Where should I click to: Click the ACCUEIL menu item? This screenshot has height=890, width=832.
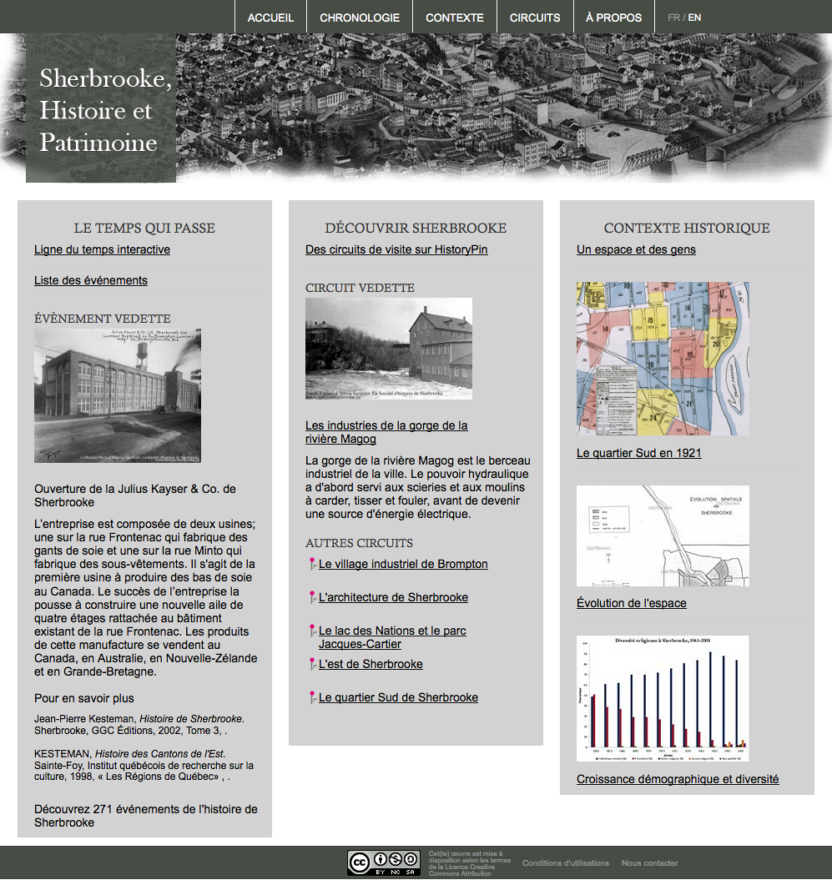270,18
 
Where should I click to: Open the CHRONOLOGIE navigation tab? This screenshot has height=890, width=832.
360,18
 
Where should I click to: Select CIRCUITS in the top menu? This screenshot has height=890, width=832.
535,18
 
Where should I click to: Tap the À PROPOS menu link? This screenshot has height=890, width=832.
614,18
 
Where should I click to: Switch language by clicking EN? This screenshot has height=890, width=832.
694,18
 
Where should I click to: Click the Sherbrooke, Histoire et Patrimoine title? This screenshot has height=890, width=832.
105,110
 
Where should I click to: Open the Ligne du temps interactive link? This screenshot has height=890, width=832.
102,249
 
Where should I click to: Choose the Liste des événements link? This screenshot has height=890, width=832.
91,280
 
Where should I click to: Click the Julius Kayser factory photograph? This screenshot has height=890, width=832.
118,395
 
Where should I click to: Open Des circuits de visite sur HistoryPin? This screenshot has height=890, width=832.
396,249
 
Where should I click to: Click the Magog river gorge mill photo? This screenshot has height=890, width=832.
389,349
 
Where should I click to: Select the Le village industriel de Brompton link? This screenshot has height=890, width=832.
403,564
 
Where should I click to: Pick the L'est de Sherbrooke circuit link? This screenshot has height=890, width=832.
371,664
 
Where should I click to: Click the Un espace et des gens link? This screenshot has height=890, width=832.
636,249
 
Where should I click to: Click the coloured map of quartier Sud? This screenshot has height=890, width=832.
663,359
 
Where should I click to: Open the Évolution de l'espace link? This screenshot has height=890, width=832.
632,603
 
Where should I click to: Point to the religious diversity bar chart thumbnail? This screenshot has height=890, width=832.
663,698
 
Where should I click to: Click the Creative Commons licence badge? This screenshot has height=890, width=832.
384,862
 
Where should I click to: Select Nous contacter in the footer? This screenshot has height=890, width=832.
649,863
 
